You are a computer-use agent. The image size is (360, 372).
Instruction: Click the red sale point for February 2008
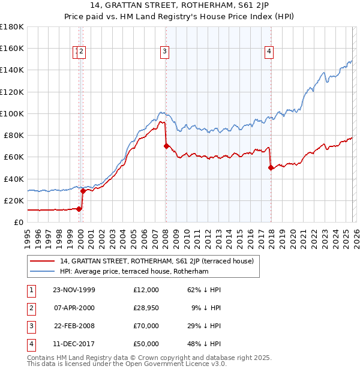tap(166, 146)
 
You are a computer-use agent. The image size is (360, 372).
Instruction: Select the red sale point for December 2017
tap(271, 167)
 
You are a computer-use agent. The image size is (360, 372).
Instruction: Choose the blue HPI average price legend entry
tap(133, 272)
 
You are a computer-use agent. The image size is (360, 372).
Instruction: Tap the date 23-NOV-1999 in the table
tap(74, 290)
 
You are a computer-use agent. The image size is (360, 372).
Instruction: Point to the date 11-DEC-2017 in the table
tap(74, 344)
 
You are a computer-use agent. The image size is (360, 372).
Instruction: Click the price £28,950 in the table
tap(146, 308)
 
